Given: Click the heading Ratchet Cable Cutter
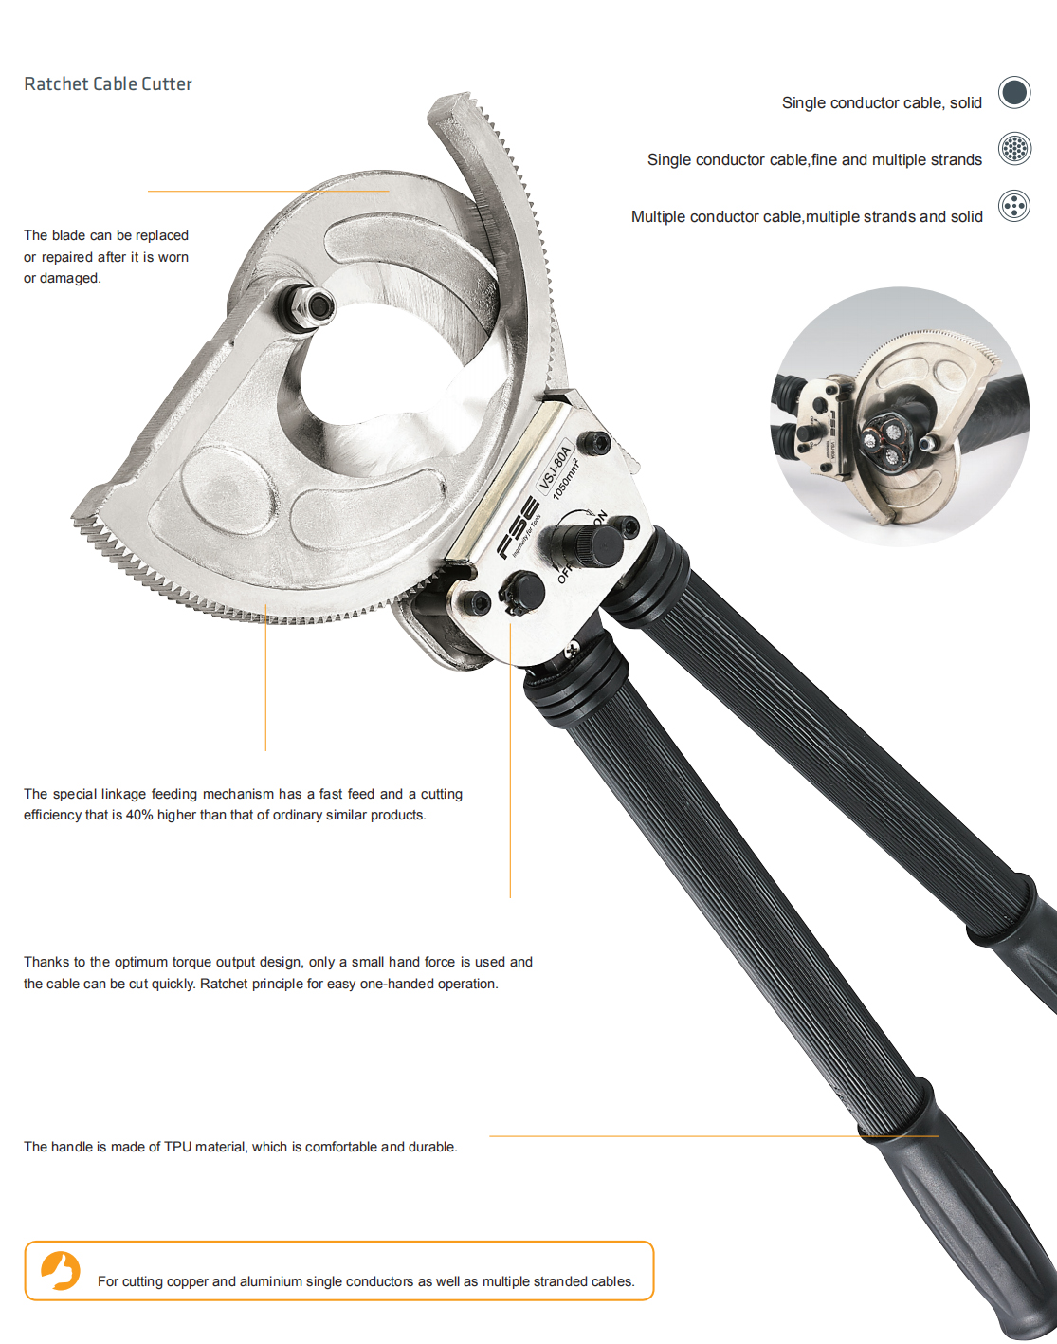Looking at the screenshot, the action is pos(108,83).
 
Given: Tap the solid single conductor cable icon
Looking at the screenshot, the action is pos(1014,92).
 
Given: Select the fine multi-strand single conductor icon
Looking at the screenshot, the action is pos(1014,149).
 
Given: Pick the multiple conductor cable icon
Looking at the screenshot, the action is pos(1014,206).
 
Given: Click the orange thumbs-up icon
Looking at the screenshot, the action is pos(61,1270).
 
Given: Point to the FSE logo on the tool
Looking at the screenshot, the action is pos(518,527).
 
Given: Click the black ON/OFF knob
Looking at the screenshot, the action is pos(590,545).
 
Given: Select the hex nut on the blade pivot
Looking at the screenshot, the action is pos(308,306).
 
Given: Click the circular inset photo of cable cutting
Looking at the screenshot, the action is pos(899,416).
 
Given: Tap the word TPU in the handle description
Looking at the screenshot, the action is pos(178,1147).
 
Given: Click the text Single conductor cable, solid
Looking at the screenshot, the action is pos(882,103).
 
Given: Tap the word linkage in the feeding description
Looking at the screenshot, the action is pos(125,795).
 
